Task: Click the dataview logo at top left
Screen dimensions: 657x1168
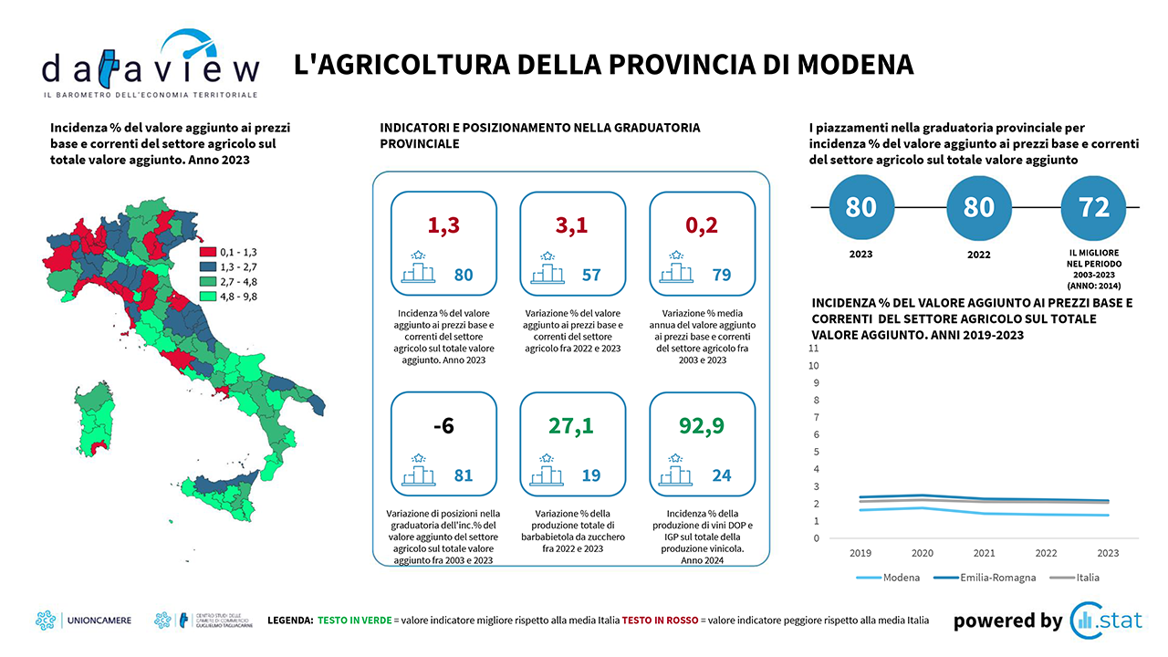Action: pos(151,66)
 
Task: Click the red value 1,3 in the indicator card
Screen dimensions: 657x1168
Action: pos(443,225)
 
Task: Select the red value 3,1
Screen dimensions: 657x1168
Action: pos(572,225)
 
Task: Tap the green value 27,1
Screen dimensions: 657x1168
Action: pos(572,426)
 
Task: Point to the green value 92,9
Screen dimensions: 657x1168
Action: pos(702,426)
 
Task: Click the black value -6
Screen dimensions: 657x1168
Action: pos(443,426)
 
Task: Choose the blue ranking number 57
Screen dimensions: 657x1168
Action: pos(591,275)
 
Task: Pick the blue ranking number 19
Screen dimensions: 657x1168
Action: pos(591,475)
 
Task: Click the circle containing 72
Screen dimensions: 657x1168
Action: pos(1094,207)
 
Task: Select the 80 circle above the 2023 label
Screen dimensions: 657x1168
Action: pos(860,207)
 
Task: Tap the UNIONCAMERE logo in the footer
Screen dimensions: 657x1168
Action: pos(83,620)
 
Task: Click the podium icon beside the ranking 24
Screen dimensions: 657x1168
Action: pos(677,468)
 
